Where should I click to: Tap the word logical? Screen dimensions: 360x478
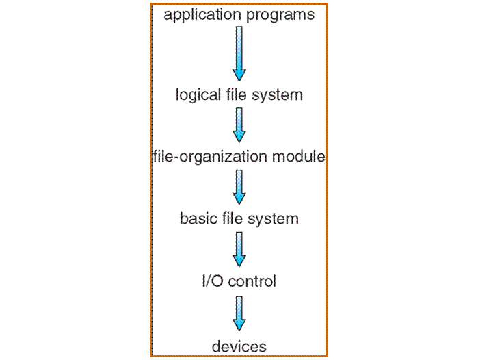199,94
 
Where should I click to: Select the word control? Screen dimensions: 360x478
251,281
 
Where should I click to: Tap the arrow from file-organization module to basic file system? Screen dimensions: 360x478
239,187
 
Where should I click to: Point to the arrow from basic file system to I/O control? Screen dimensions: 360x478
239,249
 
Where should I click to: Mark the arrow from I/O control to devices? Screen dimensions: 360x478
239,313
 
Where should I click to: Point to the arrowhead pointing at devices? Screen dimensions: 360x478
239,324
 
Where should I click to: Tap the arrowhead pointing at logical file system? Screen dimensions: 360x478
239,73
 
